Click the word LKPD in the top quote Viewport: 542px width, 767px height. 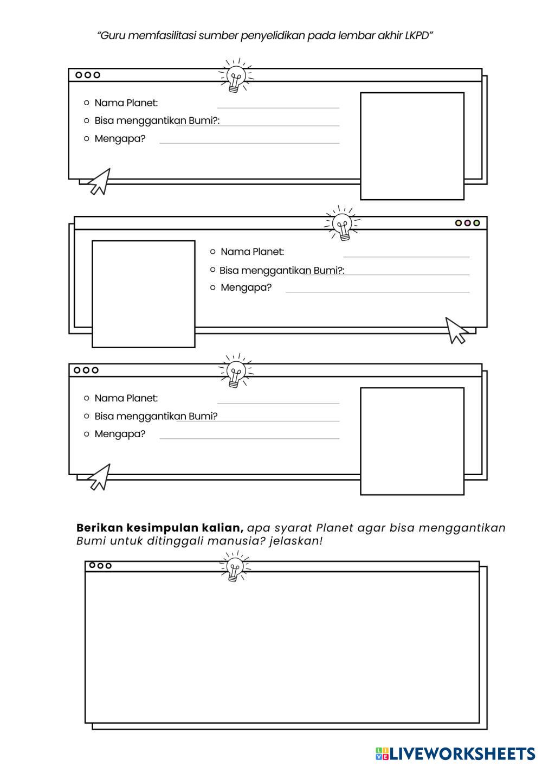tap(417, 36)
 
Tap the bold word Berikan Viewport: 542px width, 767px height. tap(99, 528)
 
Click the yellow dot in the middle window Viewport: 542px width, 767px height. tap(459, 223)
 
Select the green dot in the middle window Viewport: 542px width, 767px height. tap(476, 223)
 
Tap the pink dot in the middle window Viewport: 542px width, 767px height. tap(467, 223)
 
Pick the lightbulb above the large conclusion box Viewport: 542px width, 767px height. tap(234, 567)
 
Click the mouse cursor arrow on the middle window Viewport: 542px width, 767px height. tap(456, 330)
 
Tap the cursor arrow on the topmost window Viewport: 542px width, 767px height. tap(100, 182)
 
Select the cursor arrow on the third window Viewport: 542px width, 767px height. tap(100, 477)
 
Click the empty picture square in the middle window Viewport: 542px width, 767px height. tap(143, 293)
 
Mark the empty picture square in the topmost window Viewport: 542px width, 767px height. tap(412, 146)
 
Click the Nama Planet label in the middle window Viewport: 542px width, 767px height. tap(252, 252)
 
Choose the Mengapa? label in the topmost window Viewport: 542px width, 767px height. tap(120, 139)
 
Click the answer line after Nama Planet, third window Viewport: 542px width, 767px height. tap(278, 402)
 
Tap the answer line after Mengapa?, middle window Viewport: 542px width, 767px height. tap(377, 291)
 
